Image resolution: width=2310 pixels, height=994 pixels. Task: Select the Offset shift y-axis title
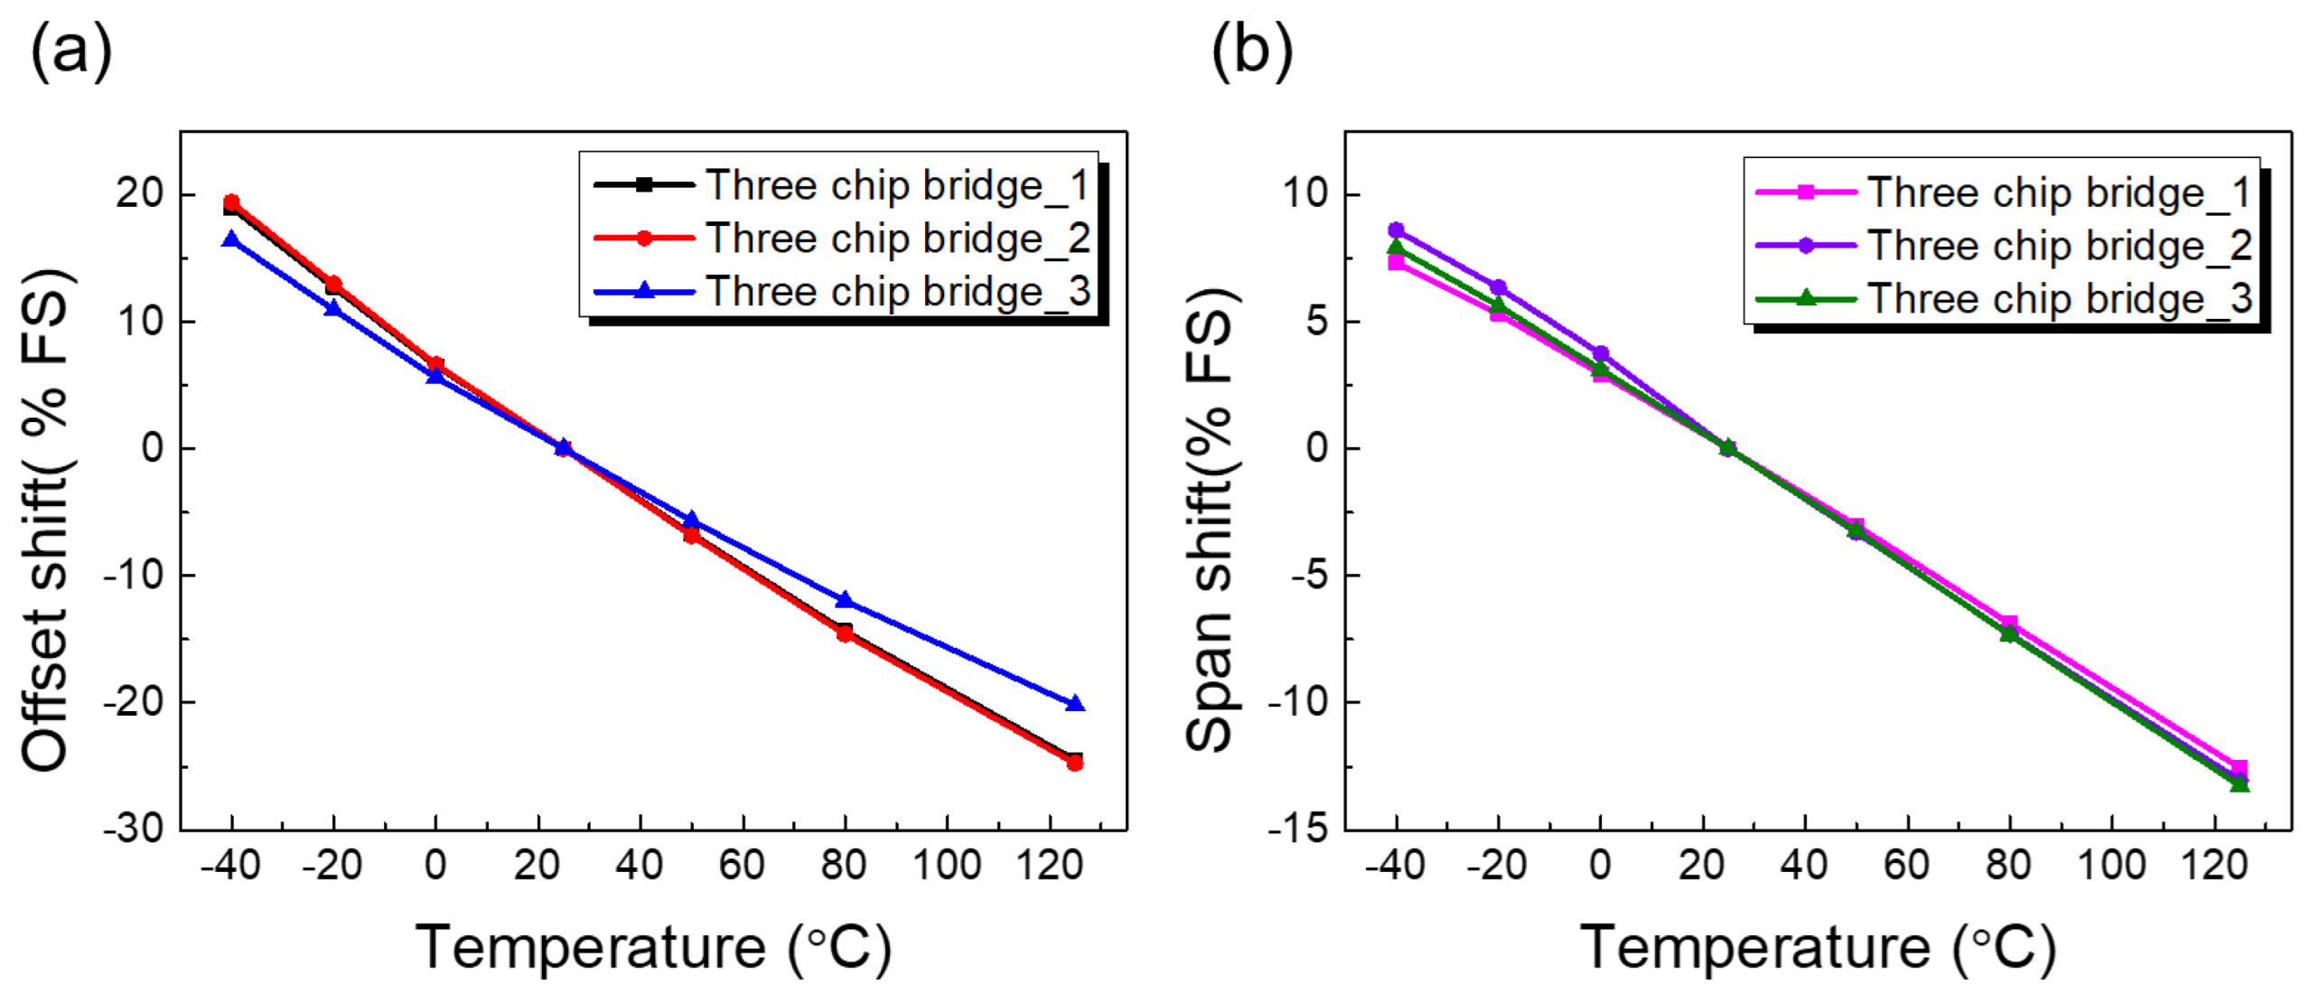[x=45, y=520]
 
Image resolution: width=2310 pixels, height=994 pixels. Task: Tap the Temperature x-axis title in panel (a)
[x=653, y=947]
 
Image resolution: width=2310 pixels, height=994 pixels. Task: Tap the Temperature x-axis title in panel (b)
[x=1817, y=947]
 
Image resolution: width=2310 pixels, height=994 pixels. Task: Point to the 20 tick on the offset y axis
[x=139, y=193]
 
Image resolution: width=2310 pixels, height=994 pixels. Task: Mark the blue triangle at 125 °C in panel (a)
[x=1074, y=703]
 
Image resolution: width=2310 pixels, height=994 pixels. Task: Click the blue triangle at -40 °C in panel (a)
[x=231, y=239]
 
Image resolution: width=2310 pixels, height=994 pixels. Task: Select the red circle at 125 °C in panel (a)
[x=1074, y=764]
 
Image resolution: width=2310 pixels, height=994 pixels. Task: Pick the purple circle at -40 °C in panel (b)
[x=1396, y=230]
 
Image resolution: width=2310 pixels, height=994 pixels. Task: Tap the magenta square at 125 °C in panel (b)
[x=2239, y=767]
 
